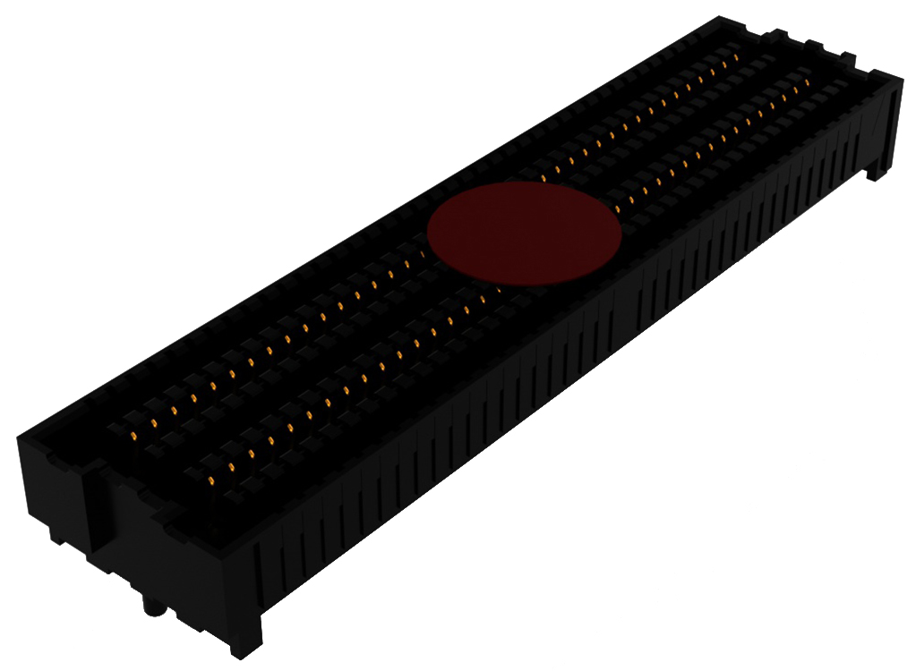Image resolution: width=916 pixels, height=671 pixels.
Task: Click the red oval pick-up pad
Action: (524, 234)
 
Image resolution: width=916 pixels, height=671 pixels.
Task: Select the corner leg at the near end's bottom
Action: (245, 640)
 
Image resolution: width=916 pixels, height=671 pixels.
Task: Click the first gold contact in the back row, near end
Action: (133, 435)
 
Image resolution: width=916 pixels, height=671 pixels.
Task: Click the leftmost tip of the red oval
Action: (427, 234)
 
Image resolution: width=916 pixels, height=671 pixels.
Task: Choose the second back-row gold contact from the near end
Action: (153, 421)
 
